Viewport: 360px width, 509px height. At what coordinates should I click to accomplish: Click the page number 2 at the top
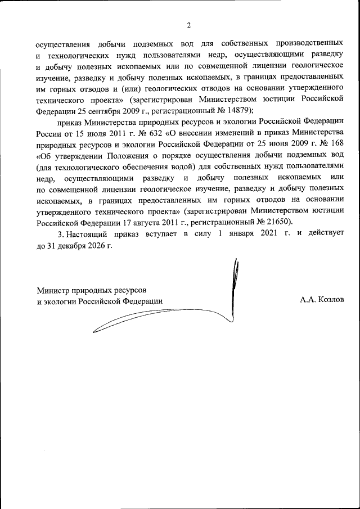pyautogui.click(x=189, y=25)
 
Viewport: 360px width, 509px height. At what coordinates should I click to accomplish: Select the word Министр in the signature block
pyautogui.click(x=55, y=290)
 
